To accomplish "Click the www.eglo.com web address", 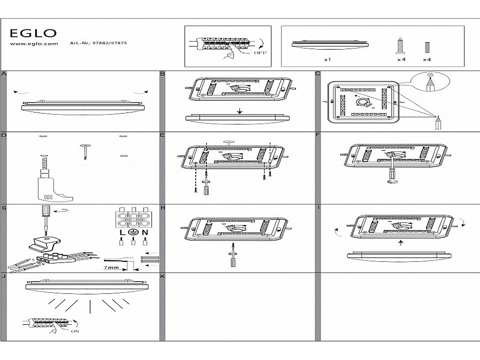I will [34, 45].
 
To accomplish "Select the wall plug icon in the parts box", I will [426, 47].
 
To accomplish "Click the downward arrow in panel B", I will [239, 111].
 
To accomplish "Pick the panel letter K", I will [163, 277].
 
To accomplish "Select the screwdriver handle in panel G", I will [47, 210].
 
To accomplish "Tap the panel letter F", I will [318, 135].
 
